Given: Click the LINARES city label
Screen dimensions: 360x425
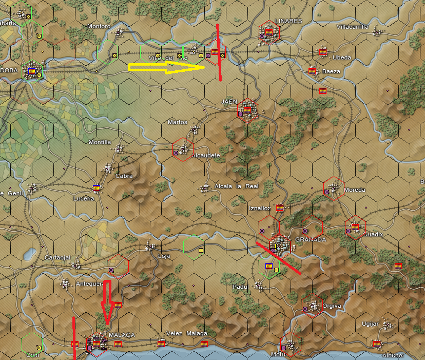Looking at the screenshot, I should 288,21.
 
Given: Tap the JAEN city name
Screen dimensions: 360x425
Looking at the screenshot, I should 229,102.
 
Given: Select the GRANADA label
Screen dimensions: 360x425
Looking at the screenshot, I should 311,239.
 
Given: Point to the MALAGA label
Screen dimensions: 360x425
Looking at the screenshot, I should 122,335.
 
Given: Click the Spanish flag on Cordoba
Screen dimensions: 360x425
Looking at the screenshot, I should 31,71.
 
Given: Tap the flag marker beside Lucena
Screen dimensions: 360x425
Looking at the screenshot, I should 96,188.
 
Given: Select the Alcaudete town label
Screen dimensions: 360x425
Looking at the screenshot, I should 205,155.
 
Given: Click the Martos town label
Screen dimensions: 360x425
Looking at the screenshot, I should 178,122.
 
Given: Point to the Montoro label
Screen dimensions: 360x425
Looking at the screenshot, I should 99,26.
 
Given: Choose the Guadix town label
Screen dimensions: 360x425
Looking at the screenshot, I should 373,234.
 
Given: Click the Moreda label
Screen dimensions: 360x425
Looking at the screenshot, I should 355,190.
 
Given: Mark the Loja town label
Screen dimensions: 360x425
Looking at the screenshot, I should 164,255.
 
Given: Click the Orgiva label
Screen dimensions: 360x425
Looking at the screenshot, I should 332,306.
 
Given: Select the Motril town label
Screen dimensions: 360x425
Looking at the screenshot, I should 279,354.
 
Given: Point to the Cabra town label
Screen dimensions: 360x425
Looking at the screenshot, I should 124,176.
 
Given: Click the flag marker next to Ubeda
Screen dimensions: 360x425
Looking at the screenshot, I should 323,52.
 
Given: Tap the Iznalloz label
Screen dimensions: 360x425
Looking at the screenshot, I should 259,209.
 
